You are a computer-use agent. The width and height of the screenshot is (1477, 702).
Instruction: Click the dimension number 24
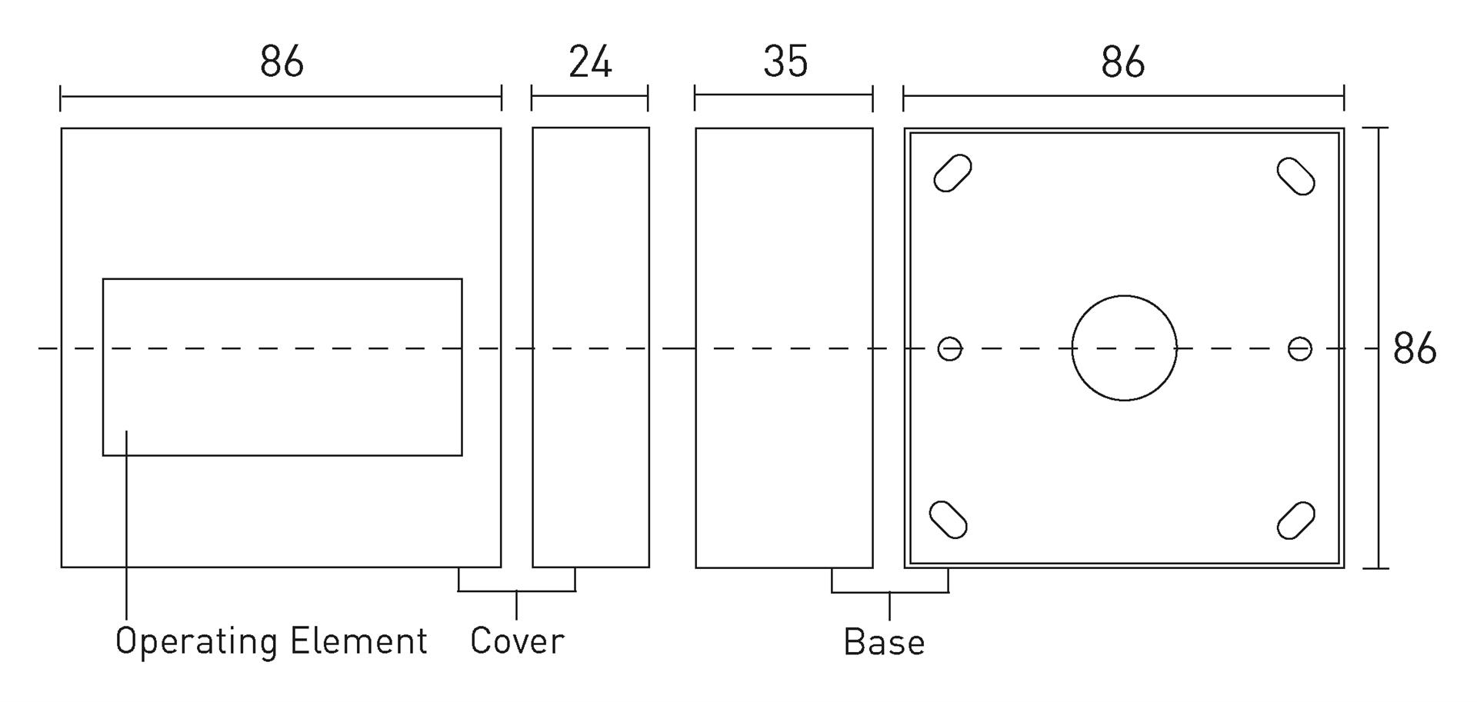590,62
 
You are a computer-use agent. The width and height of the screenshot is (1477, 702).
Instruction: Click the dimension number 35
785,62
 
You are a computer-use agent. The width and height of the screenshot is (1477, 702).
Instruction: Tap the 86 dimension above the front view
282,62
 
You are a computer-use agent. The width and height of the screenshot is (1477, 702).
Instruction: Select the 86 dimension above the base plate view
1122,62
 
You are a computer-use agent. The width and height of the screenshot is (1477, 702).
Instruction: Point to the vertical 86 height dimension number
1414,348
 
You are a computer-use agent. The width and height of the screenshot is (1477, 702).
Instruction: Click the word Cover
517,640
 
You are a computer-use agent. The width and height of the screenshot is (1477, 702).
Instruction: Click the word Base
884,641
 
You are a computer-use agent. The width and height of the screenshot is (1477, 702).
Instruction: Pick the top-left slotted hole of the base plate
952,173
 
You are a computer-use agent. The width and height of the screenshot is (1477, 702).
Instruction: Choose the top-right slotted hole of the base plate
1296,176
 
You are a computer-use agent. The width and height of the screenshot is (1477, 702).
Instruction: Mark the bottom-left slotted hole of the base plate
949,519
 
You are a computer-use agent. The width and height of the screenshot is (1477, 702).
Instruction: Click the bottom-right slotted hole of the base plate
1296,521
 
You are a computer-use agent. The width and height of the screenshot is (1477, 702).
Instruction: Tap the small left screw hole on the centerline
950,349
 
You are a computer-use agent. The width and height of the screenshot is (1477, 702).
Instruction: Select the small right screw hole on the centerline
1300,349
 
